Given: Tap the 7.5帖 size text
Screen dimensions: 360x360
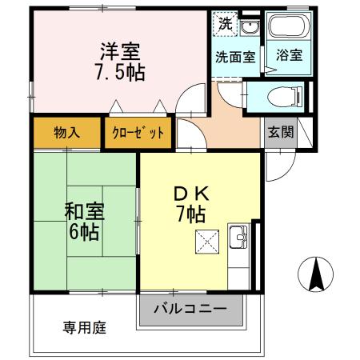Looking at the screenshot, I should tap(120, 73).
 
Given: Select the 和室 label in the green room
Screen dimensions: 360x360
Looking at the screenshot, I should tap(84, 213).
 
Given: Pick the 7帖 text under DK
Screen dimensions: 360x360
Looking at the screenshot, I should tap(191, 214).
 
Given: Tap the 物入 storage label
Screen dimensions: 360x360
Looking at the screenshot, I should tap(67, 133).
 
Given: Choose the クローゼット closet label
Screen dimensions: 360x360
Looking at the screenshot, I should tap(138, 133).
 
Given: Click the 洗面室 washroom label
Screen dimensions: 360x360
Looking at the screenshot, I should tap(235, 58).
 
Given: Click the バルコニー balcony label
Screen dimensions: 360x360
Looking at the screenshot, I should tap(190, 309).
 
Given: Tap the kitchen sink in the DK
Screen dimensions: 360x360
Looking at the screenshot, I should tap(239, 238).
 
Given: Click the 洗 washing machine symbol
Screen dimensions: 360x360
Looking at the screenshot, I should tap(225, 24).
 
